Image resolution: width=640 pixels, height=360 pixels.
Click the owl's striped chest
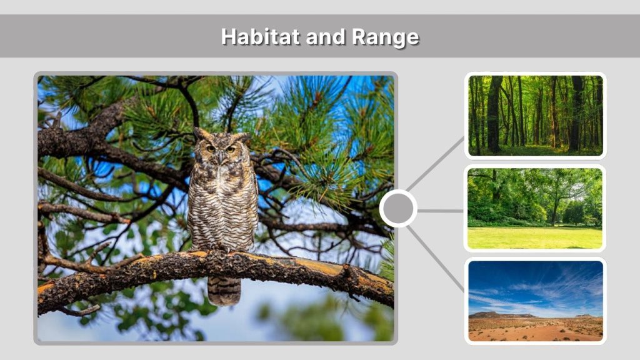tap(222, 200)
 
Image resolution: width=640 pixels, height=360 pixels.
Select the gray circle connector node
tap(398, 209)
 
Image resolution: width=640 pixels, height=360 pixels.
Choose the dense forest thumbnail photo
tap(536, 116)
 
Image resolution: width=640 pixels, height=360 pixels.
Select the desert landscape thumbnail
tap(536, 301)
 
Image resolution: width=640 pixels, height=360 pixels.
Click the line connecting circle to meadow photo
tap(441, 211)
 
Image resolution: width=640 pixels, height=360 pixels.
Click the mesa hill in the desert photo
tap(494, 315)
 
